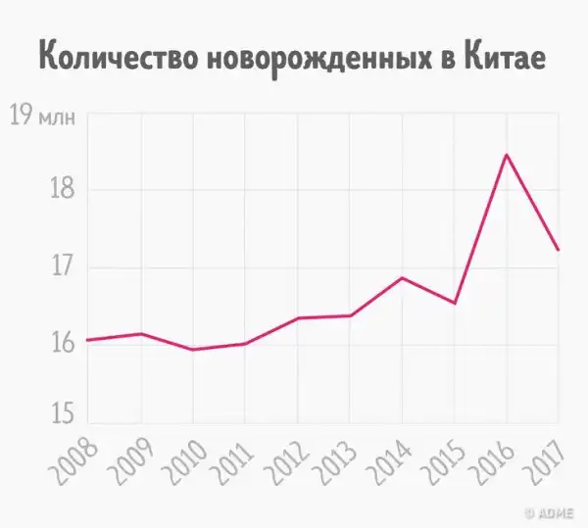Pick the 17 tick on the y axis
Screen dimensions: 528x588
click(x=60, y=266)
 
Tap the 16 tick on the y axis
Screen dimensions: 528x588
click(x=60, y=343)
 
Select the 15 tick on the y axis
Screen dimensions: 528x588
click(x=60, y=416)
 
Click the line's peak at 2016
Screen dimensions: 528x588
click(x=506, y=155)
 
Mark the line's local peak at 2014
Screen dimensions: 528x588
click(x=402, y=278)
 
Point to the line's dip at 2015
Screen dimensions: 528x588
click(x=454, y=303)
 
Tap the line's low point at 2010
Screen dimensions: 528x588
click(x=192, y=350)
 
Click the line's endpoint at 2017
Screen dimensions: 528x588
click(x=558, y=250)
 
